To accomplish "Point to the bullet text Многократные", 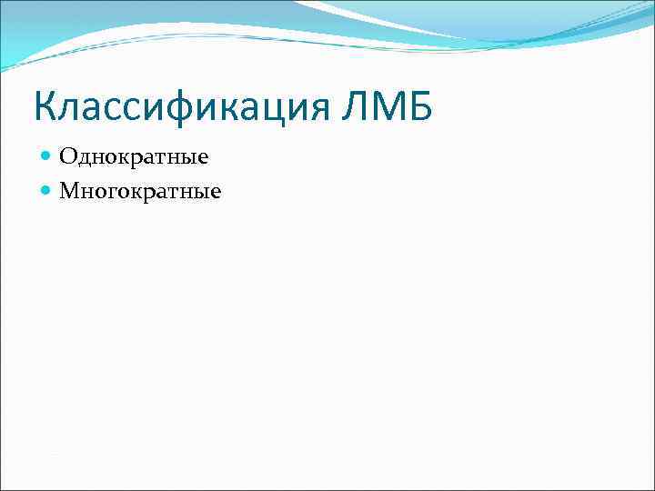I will pyautogui.click(x=140, y=191).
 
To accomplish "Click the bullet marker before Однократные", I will pyautogui.click(x=47, y=157).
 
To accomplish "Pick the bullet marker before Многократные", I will pyautogui.click(x=47, y=191).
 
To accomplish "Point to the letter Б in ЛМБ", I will pyautogui.click(x=420, y=107).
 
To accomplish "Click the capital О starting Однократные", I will pyautogui.click(x=67, y=157).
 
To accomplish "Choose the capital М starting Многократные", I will pyautogui.click(x=69, y=191).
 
